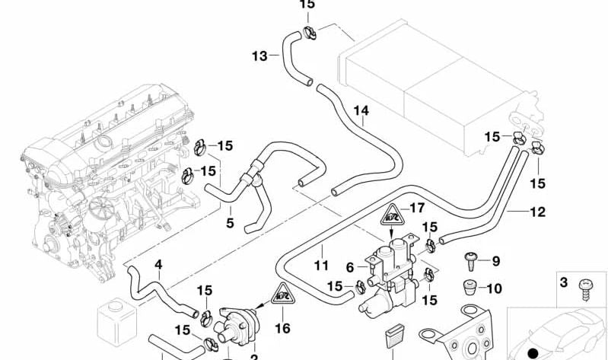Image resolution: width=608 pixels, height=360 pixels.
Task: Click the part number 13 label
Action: (259, 56)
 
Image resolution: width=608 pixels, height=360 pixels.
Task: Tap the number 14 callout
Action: (361, 111)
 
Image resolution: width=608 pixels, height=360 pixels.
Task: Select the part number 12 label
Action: (538, 212)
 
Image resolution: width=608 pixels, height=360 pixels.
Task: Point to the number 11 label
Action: (320, 266)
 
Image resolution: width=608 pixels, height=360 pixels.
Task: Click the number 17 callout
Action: (417, 208)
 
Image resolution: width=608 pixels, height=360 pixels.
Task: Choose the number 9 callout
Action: (495, 262)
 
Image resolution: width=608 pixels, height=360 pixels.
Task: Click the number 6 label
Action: (351, 267)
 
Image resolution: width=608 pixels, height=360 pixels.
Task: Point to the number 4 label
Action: (158, 265)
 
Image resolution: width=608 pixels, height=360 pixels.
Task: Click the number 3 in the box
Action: (564, 283)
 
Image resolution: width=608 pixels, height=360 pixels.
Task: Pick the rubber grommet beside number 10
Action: (470, 289)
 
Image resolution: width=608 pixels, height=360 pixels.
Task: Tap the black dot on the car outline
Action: (533, 352)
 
